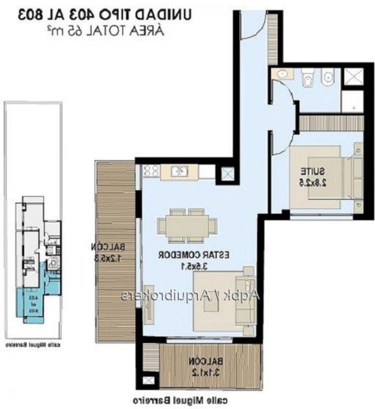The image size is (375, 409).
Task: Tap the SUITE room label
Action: (x=313, y=176)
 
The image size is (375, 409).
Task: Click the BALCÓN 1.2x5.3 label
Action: (x=108, y=252)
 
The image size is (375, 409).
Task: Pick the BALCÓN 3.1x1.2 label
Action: (x=207, y=366)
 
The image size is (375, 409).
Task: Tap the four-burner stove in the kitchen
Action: (x=150, y=171)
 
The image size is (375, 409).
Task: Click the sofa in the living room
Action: (x=248, y=295)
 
